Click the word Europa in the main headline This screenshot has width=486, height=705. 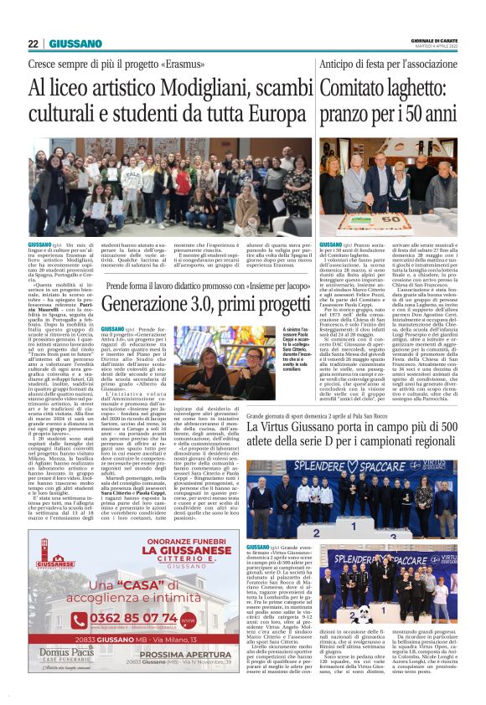259,115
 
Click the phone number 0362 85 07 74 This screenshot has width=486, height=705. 132,619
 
